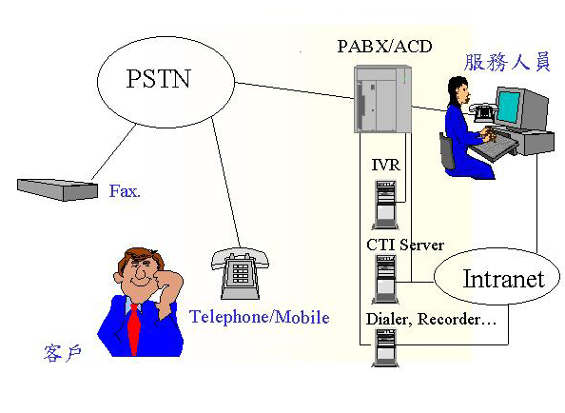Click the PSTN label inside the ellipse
[x=158, y=78]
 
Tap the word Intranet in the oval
[x=503, y=279]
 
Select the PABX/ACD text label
[x=384, y=46]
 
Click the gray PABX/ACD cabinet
[x=382, y=99]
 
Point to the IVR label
[x=385, y=165]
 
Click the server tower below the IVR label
[x=385, y=205]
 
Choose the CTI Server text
[x=405, y=246]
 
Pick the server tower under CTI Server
[x=385, y=279]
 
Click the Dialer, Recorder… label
[x=431, y=320]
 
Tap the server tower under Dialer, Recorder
[x=385, y=347]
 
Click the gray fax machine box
[x=58, y=189]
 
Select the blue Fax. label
[x=125, y=191]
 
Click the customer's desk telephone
[x=240, y=273]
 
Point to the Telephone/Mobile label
[x=260, y=317]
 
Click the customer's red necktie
[x=134, y=328]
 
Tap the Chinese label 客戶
[x=63, y=353]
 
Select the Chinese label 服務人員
[x=507, y=62]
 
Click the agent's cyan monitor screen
[x=509, y=108]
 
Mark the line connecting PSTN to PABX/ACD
[x=295, y=90]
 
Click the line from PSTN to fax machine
[x=114, y=151]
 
